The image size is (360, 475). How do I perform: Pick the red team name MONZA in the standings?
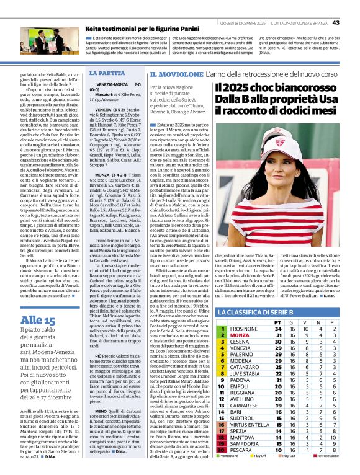click(x=239, y=335)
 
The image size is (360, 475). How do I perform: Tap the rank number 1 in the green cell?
click(x=222, y=329)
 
